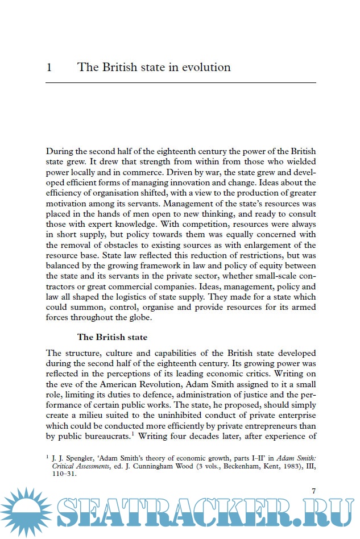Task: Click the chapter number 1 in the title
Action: tap(49, 68)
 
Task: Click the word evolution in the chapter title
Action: tap(206, 68)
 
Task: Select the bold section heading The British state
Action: tap(112, 337)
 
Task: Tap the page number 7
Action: tap(313, 491)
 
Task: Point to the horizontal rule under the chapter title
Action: tap(180, 83)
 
